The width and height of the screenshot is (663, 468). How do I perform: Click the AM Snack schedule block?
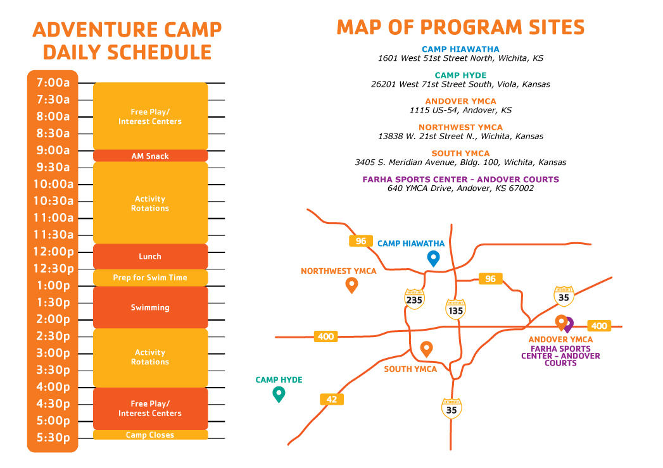150,156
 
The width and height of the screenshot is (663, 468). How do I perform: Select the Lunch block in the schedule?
150,256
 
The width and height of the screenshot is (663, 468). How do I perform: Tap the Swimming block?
150,307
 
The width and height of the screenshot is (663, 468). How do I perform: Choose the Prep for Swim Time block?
150,278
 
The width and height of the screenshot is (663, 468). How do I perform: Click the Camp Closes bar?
150,434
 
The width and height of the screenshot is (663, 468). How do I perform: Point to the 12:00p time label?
54,252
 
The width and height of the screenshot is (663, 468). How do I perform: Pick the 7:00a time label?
53,82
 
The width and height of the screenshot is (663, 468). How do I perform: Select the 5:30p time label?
53,438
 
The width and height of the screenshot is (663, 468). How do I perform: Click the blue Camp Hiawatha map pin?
433,257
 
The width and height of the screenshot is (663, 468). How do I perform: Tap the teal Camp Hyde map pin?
279,393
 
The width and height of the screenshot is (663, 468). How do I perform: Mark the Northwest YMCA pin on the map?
352,284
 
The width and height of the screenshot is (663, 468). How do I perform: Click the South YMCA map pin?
427,348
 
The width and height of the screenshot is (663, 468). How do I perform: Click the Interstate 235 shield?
414,300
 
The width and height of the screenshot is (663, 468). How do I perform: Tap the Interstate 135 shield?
455,310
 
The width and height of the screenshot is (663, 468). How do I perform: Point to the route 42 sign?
332,399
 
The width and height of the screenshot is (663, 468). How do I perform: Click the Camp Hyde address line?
460,85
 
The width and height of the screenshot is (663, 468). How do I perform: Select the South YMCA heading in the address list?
460,153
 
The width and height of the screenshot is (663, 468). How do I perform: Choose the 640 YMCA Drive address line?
460,188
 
